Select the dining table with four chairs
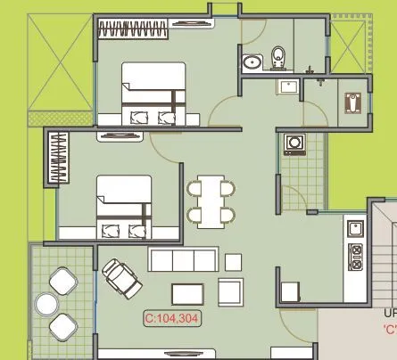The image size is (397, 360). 211,201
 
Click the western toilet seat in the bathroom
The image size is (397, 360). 278,57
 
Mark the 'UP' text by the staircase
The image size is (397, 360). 390,313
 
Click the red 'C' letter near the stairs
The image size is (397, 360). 390,328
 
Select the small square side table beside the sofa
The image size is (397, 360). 234,261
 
